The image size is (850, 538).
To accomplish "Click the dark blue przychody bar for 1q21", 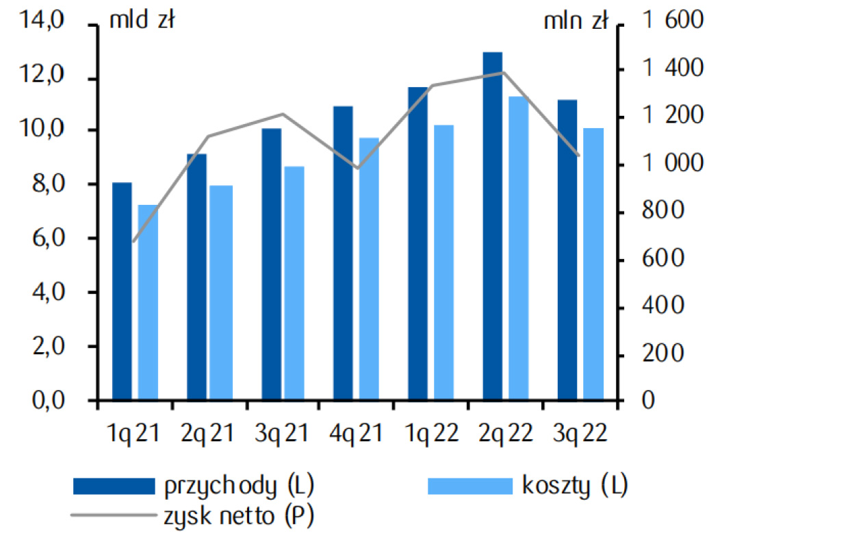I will pos(122,291).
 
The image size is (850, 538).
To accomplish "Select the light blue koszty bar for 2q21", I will pos(221,293).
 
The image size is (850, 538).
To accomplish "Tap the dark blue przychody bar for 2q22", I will pos(493,226).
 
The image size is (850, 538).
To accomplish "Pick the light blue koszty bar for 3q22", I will pos(593,264).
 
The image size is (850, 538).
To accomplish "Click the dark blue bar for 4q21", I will pos(343,253).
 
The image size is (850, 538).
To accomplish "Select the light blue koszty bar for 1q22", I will pos(444,262).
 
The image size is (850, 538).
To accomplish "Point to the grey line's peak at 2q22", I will pos(503,72).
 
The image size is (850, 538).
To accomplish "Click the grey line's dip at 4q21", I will pos(357,168).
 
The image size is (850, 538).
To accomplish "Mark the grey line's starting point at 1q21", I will pos(134,241).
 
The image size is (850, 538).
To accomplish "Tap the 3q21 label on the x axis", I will pos(282,433).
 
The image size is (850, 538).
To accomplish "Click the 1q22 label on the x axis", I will pos(431,433).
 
